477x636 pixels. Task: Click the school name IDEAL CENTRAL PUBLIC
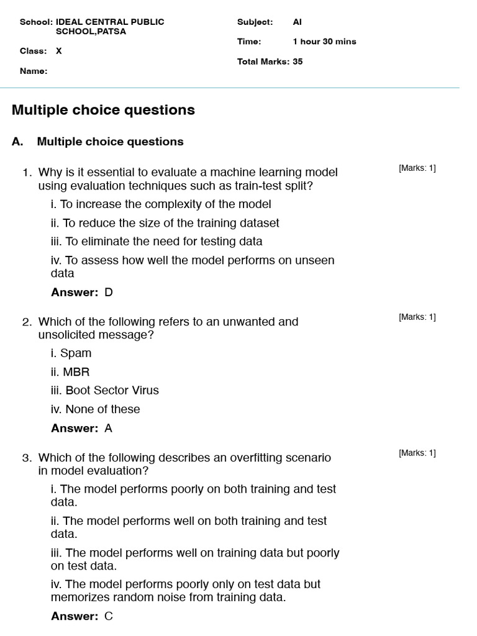click(110, 22)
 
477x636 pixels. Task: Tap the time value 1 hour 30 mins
click(324, 42)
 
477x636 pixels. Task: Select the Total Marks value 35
click(298, 61)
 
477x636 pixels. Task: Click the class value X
click(59, 51)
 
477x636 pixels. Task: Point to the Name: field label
click(34, 71)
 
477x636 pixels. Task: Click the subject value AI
click(297, 22)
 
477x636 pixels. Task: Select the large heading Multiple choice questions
click(103, 110)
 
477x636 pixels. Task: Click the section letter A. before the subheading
click(17, 142)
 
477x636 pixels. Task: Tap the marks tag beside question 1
click(417, 168)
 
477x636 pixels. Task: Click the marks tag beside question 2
click(417, 317)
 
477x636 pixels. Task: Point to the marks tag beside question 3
click(417, 453)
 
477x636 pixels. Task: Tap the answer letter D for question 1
click(109, 292)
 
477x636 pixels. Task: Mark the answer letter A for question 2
click(109, 428)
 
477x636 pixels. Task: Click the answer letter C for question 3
click(109, 616)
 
